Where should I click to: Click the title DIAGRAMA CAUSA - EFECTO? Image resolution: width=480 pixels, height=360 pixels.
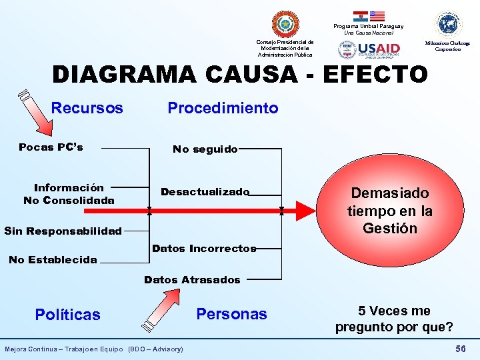coord(240,75)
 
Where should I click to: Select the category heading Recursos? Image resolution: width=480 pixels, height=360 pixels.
coord(87,108)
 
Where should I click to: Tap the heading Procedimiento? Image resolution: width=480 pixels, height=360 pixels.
coord(223,108)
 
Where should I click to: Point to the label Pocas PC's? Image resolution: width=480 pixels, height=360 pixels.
coord(51,147)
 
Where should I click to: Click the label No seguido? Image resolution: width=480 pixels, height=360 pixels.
coord(205,149)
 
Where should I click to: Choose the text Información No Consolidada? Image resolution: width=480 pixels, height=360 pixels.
coord(69,194)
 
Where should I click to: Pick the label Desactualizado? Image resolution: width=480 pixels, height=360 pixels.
coord(205,192)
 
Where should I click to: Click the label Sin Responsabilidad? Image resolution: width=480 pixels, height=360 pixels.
coord(63,231)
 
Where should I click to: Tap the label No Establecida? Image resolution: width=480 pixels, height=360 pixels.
coord(53,260)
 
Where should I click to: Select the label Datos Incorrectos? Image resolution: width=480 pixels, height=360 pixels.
coord(204,249)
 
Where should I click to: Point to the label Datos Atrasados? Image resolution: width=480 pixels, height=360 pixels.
coord(192,280)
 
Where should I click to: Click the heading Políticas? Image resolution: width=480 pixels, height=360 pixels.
coord(68,315)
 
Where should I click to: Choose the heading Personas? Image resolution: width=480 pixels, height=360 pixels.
coord(231,314)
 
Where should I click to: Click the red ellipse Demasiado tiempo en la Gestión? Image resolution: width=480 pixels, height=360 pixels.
coord(390,211)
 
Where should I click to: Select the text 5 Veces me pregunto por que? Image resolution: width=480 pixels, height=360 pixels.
coord(394,319)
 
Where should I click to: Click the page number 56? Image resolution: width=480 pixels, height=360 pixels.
coord(460,349)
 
